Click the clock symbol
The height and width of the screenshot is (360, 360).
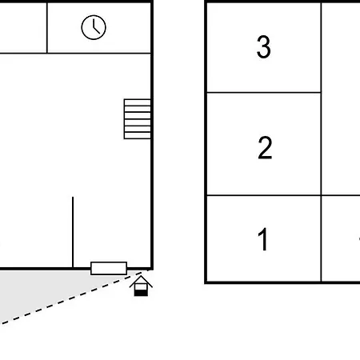coord(94,27)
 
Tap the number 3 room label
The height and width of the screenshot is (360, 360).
coord(264,46)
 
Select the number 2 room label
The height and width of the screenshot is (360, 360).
coord(265,147)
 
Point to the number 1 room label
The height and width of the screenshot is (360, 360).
coord(263,239)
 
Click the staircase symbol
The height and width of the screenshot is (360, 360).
coord(138,119)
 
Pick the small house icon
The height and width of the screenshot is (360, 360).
coord(141,286)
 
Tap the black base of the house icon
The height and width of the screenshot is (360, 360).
coord(141,293)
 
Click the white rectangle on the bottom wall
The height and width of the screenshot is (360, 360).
coord(109,268)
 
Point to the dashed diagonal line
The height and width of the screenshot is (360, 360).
coord(72,298)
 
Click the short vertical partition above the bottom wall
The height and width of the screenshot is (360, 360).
coord(73,232)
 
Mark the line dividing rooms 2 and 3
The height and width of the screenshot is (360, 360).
coord(264,93)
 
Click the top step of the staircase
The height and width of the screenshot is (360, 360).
coord(138,102)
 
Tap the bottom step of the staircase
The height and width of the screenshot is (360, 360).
coord(138,135)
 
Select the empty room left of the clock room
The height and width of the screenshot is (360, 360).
coord(23,28)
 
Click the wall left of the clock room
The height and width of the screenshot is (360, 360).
coord(47,28)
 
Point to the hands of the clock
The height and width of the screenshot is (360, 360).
coord(96,28)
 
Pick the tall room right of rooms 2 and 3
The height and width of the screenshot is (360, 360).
coord(341,98)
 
